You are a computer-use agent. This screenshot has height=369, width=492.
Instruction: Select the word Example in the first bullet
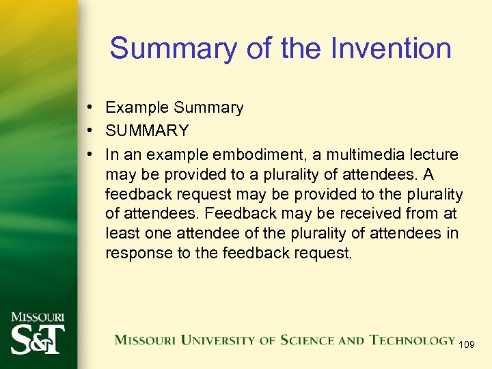[x=137, y=108]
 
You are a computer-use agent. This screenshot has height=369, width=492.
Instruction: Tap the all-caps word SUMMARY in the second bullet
[x=147, y=130]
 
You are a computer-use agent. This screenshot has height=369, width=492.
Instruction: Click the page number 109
[x=467, y=344]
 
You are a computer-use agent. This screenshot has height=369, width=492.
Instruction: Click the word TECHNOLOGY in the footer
[x=412, y=340]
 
